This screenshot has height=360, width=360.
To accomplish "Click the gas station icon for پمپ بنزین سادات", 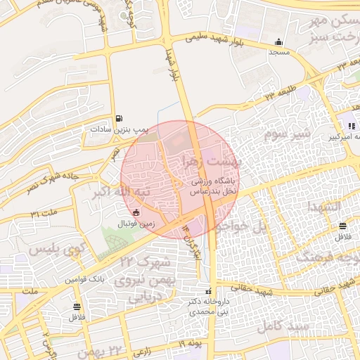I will (118, 118).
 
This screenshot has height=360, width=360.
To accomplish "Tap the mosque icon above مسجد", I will (280, 41).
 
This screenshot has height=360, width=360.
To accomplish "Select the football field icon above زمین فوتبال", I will (136, 212).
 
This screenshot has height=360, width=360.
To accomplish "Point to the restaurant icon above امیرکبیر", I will (352, 126).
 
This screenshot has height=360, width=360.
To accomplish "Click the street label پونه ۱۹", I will (190, 343).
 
